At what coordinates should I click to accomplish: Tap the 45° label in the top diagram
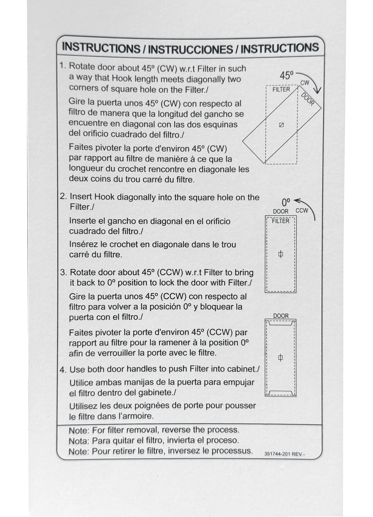[287, 76]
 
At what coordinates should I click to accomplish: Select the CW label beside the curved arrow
[305, 83]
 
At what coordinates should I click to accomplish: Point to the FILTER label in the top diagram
[281, 90]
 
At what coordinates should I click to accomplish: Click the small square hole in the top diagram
[281, 125]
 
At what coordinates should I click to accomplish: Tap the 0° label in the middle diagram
[286, 202]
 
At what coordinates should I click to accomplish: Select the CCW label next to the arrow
[302, 211]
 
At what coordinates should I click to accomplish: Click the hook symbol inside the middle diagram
[281, 254]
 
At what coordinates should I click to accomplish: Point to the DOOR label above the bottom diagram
[281, 316]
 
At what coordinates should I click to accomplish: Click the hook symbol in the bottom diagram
[281, 358]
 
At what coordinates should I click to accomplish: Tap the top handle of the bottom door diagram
[281, 323]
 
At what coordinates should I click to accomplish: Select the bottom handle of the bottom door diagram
[281, 393]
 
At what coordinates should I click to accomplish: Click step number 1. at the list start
[63, 66]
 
